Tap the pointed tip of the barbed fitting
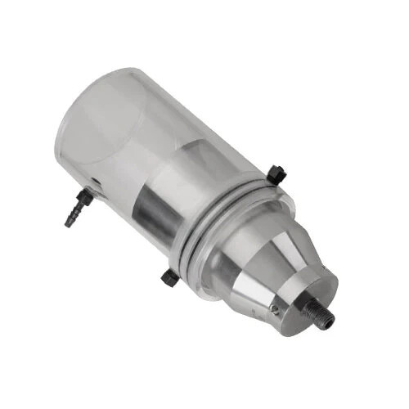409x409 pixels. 68,223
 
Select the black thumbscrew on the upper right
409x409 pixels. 276,173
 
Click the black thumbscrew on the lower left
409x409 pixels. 170,277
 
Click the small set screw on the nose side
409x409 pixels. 276,309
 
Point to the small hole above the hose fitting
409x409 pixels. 97,182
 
